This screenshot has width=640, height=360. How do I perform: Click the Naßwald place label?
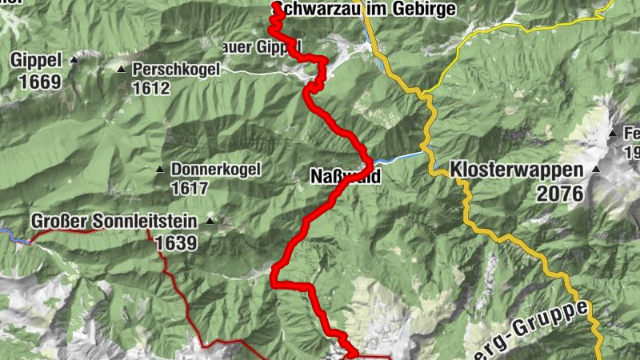point(345,177)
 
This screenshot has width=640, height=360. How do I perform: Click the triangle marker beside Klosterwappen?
point(596,170)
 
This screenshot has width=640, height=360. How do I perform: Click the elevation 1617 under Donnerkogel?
point(189,189)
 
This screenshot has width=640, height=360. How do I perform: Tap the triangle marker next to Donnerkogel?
point(159,170)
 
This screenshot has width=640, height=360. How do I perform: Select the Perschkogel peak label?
point(176,70)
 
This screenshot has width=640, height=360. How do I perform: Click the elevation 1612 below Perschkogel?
point(152,87)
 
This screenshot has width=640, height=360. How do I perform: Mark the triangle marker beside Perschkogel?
point(122,70)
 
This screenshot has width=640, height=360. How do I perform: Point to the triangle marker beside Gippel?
point(74,59)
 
